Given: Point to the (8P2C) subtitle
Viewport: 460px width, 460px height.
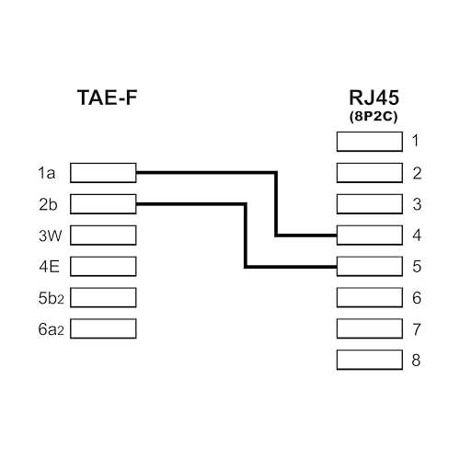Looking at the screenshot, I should [370, 117].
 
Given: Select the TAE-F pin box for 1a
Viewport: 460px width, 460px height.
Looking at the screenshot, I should [103, 172].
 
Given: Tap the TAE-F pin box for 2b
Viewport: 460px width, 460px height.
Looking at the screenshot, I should [103, 203].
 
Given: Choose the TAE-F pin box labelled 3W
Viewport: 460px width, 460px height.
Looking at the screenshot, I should [103, 235].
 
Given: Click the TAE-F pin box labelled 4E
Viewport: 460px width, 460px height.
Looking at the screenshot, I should [103, 266].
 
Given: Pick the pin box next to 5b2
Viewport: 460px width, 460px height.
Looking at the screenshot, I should [103, 297].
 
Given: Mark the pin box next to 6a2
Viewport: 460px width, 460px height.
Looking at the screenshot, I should [103, 328].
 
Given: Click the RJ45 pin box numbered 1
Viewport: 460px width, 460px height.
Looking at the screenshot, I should [370, 141].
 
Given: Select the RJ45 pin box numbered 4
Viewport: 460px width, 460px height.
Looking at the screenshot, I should [370, 235].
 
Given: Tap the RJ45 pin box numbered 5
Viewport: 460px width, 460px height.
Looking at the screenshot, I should [370, 266].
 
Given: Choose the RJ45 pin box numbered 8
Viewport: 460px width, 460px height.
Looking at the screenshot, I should [370, 360].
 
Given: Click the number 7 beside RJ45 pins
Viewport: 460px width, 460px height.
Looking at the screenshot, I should [417, 328].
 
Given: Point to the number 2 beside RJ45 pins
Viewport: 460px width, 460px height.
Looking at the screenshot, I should [417, 172].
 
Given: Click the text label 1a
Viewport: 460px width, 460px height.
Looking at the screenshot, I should [46, 172].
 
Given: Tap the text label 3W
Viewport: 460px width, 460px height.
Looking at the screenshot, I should [49, 235].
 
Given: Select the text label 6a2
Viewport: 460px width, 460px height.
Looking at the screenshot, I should [50, 328].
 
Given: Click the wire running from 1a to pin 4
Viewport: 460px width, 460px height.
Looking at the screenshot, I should [276, 202].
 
